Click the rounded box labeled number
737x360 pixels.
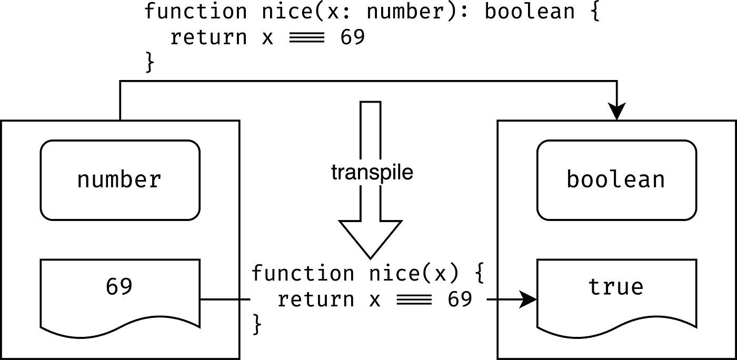tap(120, 180)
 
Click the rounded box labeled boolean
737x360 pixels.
tap(615, 180)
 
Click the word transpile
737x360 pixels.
tap(372, 173)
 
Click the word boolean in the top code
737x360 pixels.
tap(529, 12)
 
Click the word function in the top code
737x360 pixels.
tap(195, 12)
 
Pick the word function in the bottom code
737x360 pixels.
tap(302, 274)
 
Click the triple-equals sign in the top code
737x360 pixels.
tap(307, 38)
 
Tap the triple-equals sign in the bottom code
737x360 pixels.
tap(414, 300)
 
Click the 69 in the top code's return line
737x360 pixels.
tap(353, 38)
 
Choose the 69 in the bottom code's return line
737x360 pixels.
tap(460, 300)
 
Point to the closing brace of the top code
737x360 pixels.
tap(150, 63)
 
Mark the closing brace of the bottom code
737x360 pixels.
tap(257, 324)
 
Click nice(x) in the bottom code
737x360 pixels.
tap(409, 274)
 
